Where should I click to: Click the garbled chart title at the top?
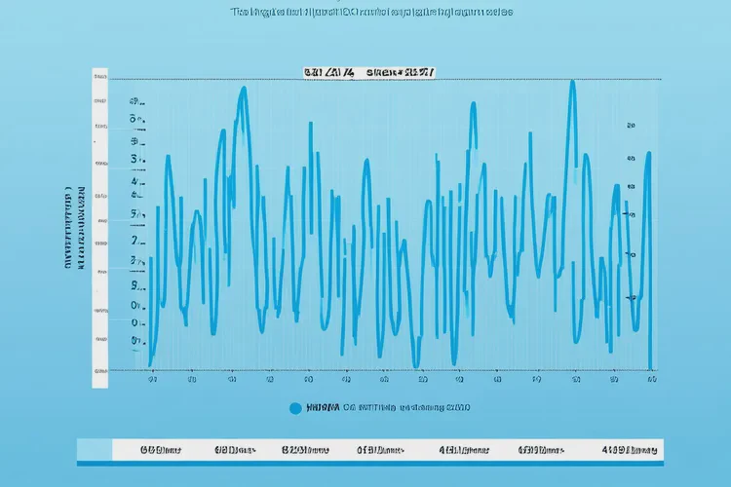[371, 13]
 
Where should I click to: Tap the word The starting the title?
[239, 13]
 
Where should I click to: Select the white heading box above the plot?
[369, 72]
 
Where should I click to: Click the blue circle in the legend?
[296, 409]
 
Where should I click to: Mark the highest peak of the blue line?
[572, 83]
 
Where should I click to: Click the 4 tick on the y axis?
[135, 182]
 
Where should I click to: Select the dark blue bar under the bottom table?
[370, 463]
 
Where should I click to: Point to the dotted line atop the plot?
[390, 79]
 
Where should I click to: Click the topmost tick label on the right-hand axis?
[631, 126]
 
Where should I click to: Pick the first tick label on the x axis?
[153, 382]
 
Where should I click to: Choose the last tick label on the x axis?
[650, 381]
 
